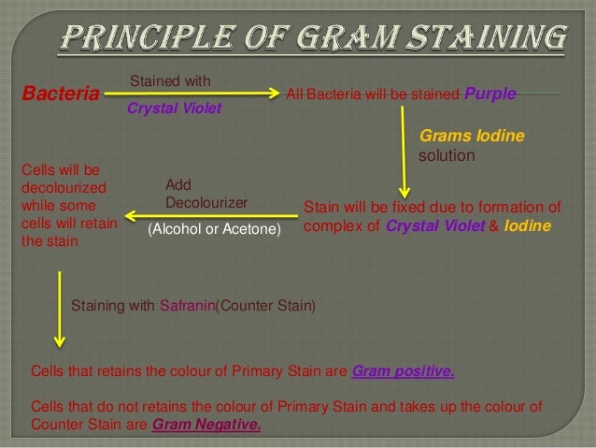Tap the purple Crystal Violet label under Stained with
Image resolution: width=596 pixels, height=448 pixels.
click(174, 108)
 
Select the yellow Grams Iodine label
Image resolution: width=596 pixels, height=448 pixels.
click(472, 137)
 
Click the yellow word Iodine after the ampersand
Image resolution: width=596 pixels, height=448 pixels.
click(528, 226)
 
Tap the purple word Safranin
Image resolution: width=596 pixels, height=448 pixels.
click(188, 305)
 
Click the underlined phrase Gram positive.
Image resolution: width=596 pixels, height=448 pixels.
click(403, 371)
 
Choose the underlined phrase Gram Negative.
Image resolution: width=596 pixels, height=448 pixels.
click(206, 424)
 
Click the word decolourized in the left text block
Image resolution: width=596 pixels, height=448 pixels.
click(62, 188)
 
